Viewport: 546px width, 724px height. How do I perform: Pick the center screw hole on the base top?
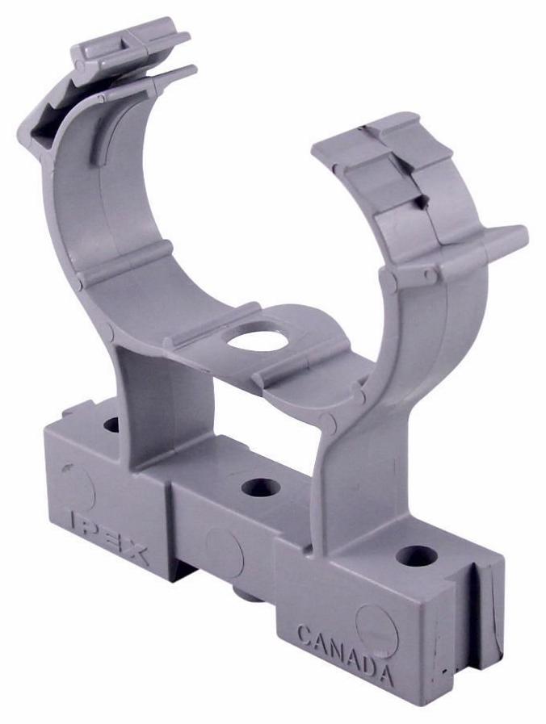tap(261, 488)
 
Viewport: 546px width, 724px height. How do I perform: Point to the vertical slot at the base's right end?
tap(485, 601)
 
